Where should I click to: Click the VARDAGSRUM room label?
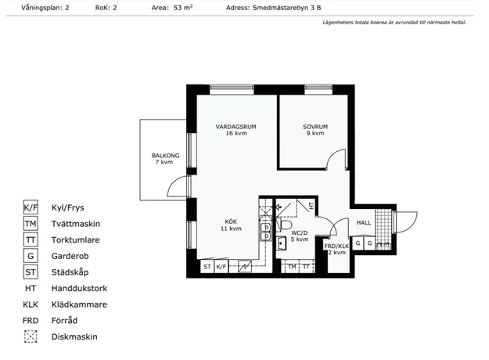[x=236, y=127]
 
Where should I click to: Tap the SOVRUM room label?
[x=315, y=127]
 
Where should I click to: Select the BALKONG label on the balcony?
[x=165, y=156]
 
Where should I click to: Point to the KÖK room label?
[x=231, y=221]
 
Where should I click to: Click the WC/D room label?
[x=300, y=232]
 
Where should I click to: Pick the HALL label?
[x=364, y=222]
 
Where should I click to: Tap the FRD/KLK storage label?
[x=336, y=247]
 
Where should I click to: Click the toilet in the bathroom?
[x=284, y=225]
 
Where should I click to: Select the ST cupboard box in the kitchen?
[x=207, y=267]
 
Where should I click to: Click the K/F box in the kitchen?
[x=221, y=267]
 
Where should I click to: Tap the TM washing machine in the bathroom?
[x=292, y=267]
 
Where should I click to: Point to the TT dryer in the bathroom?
[x=306, y=267]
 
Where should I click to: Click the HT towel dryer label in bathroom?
[x=311, y=206]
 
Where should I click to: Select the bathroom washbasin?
[x=282, y=243]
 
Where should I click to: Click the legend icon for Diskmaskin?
[x=31, y=337]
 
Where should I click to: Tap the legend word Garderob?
[x=70, y=256]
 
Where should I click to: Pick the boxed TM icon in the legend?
[x=31, y=224]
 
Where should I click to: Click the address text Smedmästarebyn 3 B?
[x=286, y=8]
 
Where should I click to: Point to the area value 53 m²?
[x=183, y=8]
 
